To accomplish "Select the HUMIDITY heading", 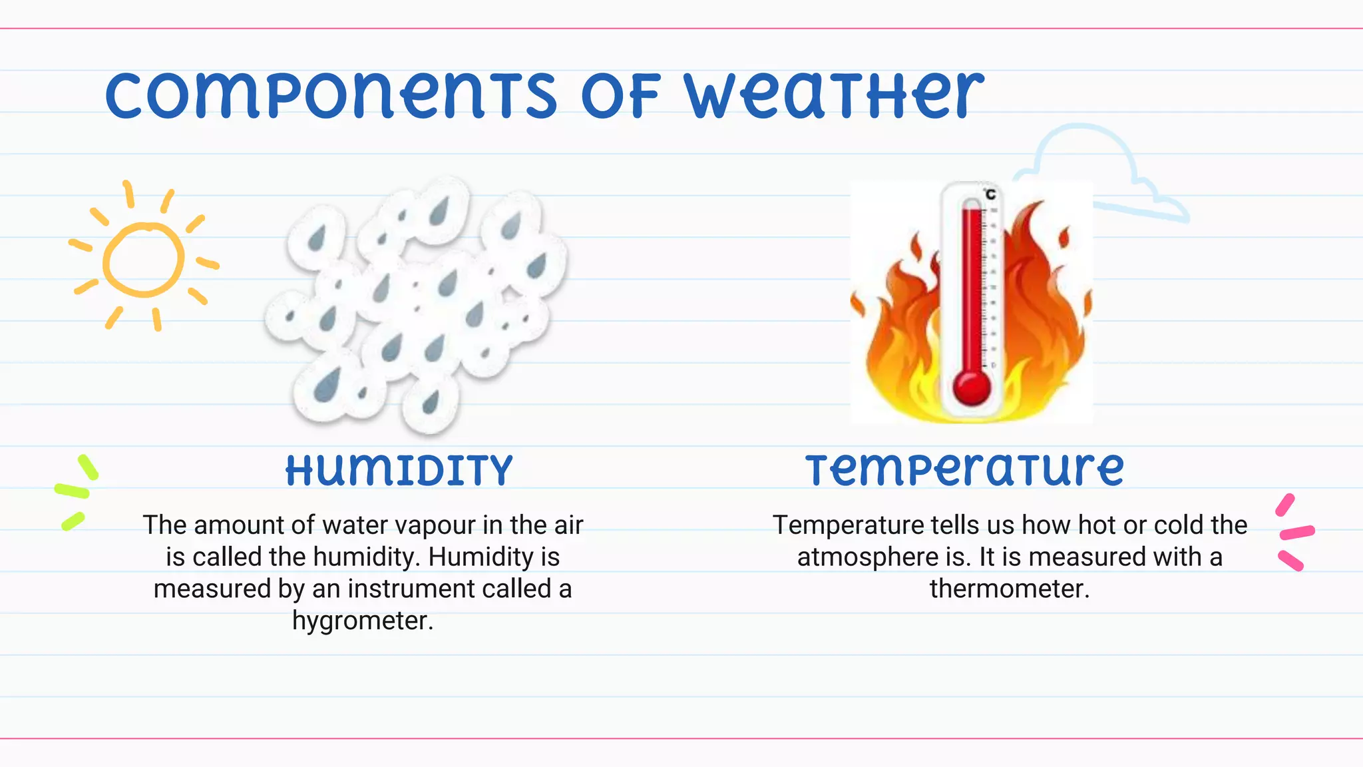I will click(399, 471).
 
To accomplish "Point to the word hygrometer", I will click(363, 621).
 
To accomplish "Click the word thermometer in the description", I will click(1009, 589).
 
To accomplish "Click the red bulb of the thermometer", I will click(972, 387).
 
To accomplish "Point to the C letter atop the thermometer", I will click(990, 194).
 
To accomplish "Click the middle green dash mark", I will click(72, 491).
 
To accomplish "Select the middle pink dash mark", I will click(1297, 532).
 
